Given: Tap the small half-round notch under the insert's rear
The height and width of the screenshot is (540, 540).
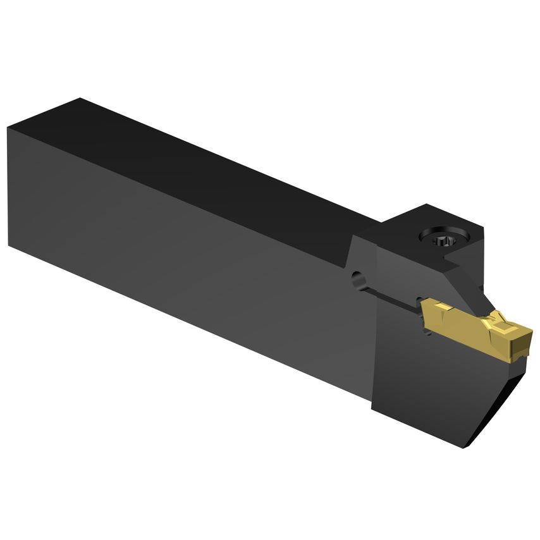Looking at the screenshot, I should (x=431, y=332).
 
